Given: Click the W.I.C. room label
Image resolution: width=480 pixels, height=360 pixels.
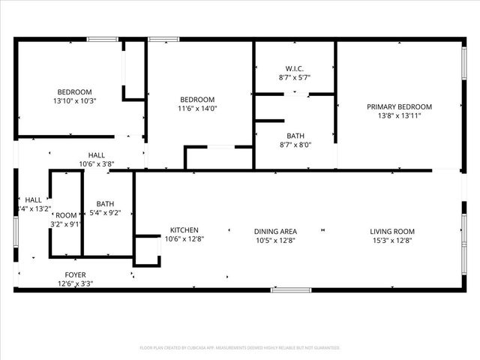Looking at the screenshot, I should [x=295, y=68].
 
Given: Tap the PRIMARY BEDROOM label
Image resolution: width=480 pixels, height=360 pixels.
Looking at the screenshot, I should [x=399, y=106].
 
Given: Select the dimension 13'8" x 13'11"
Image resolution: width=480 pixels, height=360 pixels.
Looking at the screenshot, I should [x=399, y=116].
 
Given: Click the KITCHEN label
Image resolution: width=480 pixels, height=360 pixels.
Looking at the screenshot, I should [x=184, y=230].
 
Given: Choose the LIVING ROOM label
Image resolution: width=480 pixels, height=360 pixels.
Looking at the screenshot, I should [x=392, y=231].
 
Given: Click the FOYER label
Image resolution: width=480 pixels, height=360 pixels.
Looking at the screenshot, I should [x=75, y=274].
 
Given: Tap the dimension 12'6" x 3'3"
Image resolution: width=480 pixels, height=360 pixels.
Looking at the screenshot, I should [x=75, y=283].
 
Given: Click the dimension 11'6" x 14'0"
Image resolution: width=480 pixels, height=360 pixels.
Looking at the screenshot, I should [x=197, y=108].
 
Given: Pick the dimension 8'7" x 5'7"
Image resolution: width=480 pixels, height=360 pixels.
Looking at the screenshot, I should [x=295, y=77].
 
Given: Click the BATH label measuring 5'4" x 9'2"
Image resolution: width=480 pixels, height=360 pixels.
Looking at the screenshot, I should [x=105, y=203].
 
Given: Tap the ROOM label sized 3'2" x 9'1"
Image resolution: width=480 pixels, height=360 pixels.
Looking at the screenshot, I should [x=67, y=214].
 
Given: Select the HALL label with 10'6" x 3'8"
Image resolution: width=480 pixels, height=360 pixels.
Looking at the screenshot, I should [x=96, y=154].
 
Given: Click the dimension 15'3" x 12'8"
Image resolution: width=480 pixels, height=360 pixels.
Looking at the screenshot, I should [x=392, y=240].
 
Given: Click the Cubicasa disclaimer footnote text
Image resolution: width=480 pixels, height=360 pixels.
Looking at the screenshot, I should [x=240, y=348].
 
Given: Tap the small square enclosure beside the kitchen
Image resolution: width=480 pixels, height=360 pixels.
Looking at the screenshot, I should [x=147, y=251].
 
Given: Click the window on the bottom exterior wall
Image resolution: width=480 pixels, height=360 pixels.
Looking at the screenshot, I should [x=291, y=289].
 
